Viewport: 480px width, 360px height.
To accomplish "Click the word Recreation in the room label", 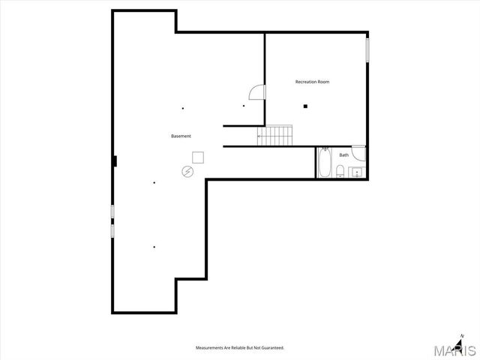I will coord(305,82).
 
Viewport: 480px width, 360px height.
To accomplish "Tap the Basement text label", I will coord(181,136).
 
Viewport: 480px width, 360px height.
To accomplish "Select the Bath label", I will coord(343,155).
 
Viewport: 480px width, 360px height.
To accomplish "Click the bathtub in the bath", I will coord(324,163).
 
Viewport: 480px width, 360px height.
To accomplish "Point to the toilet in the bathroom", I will coord(340,172).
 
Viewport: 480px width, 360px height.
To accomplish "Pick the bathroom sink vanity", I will coord(357,172).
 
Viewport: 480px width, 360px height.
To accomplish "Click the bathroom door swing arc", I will coord(360,154).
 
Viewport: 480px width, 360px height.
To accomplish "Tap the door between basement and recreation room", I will coord(257,91).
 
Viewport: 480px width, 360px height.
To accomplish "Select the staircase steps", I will coord(274,134).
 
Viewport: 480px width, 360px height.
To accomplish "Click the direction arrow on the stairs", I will coord(260,136).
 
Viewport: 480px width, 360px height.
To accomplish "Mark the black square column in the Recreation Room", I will coord(305,106).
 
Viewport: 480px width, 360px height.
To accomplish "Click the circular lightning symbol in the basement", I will coord(187,172).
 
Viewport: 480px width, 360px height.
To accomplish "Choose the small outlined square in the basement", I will coord(198,157).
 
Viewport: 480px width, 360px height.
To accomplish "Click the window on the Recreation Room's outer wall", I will coord(367,49).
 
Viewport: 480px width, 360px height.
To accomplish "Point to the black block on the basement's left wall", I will coord(114,160).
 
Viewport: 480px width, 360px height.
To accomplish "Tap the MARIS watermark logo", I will coord(457,350).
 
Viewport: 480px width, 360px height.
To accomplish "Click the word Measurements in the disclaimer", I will coord(211,348).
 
